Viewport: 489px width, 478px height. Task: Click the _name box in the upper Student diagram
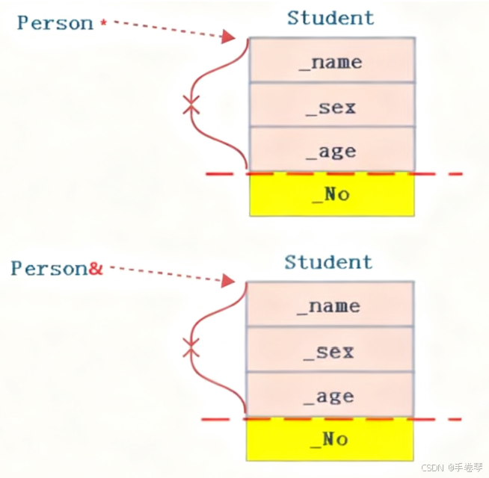[331, 61]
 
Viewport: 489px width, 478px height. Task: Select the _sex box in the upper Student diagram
[331, 106]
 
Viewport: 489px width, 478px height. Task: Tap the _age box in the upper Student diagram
[331, 150]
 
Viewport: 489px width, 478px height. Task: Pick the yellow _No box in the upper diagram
[331, 195]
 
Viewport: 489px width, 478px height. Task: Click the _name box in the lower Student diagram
[330, 305]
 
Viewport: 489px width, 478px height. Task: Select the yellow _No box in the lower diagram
[330, 439]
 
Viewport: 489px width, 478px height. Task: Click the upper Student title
[330, 17]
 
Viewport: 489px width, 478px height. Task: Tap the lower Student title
[328, 262]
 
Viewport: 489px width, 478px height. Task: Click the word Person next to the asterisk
[55, 23]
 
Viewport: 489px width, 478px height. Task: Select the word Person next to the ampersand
[49, 269]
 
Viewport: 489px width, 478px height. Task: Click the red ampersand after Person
[95, 269]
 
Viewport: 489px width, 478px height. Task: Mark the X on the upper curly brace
[192, 106]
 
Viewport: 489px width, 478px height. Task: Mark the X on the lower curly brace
[192, 347]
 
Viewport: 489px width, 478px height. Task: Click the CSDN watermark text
[452, 468]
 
